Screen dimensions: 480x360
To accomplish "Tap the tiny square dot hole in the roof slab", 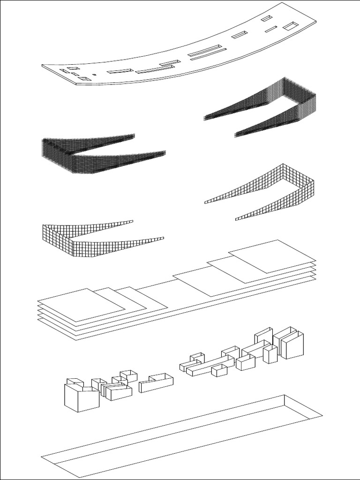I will pyautogui.click(x=94, y=75).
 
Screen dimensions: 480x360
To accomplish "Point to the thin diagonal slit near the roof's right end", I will pyautogui.click(x=270, y=30).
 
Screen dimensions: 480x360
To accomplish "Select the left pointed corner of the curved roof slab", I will pyautogui.click(x=43, y=66).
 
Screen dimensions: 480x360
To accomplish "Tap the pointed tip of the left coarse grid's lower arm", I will pyautogui.click(x=163, y=238).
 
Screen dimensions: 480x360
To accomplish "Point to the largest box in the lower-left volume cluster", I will pyautogui.click(x=81, y=398).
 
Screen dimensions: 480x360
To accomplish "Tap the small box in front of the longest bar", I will pyautogui.click(x=219, y=371).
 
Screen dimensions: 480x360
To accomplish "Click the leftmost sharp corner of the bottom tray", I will pyautogui.click(x=42, y=456).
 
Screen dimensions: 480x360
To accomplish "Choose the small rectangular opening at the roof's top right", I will pyautogui.click(x=266, y=18).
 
